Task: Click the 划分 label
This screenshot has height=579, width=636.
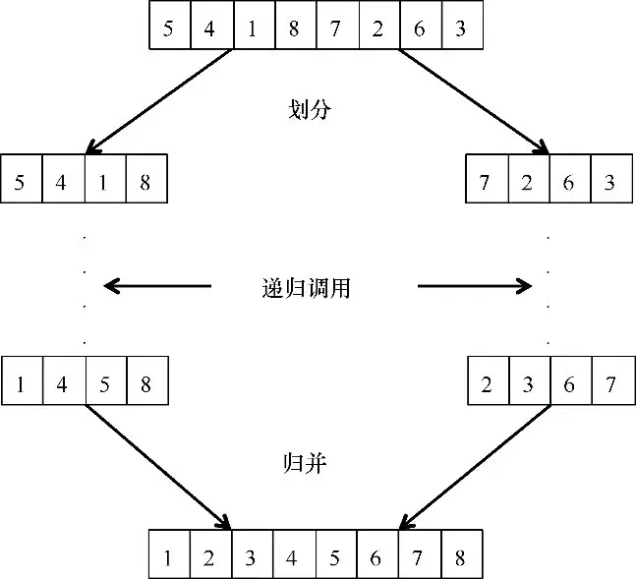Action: click(x=308, y=109)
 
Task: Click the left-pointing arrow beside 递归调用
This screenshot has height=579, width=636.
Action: click(x=157, y=286)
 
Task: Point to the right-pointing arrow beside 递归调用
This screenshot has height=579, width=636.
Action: click(x=475, y=286)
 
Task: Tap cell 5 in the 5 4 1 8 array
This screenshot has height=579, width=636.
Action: click(x=21, y=182)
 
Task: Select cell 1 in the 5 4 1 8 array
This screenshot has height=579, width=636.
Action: click(x=104, y=182)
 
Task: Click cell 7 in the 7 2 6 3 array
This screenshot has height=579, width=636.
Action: click(x=485, y=182)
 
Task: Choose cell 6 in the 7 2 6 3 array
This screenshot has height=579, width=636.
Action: click(x=568, y=182)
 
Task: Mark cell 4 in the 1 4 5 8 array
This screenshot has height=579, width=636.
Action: click(x=62, y=384)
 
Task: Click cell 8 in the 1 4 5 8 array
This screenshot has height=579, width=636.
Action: click(x=145, y=384)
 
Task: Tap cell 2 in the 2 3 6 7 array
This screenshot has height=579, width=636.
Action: click(x=485, y=384)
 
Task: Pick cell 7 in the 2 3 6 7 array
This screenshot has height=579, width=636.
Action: click(x=609, y=384)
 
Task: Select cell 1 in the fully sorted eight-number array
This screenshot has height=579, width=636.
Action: click(x=168, y=558)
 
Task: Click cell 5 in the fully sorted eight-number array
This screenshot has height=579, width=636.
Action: click(x=335, y=558)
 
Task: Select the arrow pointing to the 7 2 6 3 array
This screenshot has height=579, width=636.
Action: click(x=474, y=101)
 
